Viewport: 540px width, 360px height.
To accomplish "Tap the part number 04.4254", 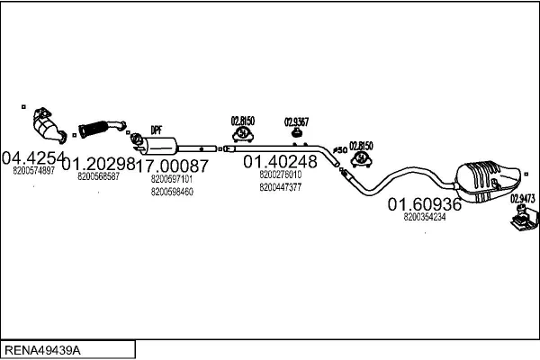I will pos(34,157).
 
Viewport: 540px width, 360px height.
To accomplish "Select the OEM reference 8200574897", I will pos(34,169).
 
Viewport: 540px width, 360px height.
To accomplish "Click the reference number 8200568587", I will pos(99,176).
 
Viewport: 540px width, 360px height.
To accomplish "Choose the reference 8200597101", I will pos(172,179).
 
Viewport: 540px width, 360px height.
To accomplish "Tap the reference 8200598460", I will pos(172,191).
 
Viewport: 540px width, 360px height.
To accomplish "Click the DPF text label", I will pos(156,129).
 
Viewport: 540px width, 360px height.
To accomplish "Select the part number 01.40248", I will pos(280,162).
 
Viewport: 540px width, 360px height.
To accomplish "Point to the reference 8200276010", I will pos(280,175).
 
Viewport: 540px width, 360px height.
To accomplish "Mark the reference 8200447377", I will pos(280,187).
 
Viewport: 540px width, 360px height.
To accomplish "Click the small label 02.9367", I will pos(296,121).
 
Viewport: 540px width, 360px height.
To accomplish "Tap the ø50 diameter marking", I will pos(339,149).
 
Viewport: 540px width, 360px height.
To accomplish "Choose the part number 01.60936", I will pos(425,205).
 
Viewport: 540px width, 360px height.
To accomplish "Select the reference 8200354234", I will pos(425,217).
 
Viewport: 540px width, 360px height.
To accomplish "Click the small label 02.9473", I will pos(523,199).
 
